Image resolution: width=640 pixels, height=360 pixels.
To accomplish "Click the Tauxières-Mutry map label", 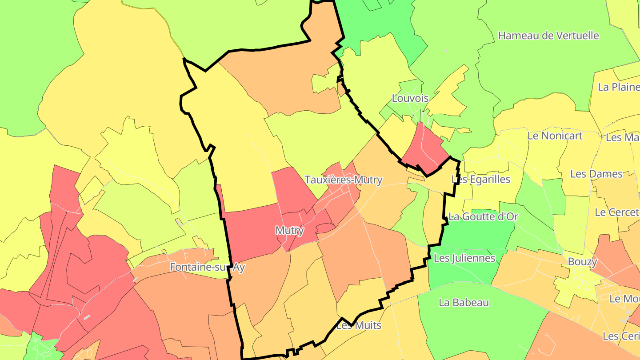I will [x=343, y=180].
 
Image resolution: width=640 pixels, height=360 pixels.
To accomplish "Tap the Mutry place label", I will [x=290, y=230].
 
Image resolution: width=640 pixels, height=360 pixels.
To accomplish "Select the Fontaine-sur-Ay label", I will [x=207, y=267].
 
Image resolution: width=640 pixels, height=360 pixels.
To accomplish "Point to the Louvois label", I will [x=410, y=98].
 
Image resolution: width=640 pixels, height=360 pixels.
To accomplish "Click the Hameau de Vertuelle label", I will [x=548, y=36].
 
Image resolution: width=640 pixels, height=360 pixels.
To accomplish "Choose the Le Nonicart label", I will [x=555, y=136].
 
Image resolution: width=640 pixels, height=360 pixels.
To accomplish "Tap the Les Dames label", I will [x=596, y=174].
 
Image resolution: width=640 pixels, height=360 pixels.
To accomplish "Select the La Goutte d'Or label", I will [x=483, y=216].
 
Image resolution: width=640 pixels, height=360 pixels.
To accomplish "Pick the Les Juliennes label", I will [x=464, y=258].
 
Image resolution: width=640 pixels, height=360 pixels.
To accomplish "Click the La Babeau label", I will [x=464, y=303].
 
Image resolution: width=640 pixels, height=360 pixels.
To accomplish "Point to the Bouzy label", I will [x=582, y=262].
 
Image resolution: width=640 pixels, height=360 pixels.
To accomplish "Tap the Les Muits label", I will [x=359, y=325].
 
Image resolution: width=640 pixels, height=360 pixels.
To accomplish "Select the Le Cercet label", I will [x=616, y=212].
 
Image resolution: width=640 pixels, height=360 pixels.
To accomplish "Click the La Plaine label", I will [x=618, y=87].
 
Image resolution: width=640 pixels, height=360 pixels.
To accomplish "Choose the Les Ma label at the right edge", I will [x=622, y=137].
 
